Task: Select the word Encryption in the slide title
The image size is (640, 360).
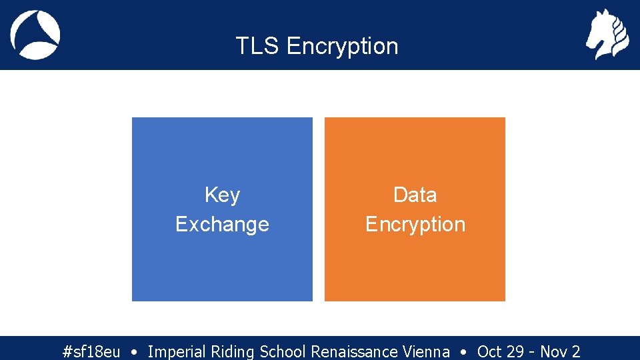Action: pos(342,47)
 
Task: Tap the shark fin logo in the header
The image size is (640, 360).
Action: pos(35,35)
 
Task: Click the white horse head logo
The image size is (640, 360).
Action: pos(607,34)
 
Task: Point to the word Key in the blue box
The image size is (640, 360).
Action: pos(222,195)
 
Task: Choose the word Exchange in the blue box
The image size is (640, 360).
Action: pos(222,224)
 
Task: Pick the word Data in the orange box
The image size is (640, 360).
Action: pos(415,195)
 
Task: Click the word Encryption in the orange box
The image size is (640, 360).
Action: pos(415,225)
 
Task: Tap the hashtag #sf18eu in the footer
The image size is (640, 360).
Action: pos(91,351)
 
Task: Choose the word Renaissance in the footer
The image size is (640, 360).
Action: pos(354,351)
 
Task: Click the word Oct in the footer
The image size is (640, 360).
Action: pos(489,351)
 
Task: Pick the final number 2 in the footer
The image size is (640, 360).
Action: pos(576,351)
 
